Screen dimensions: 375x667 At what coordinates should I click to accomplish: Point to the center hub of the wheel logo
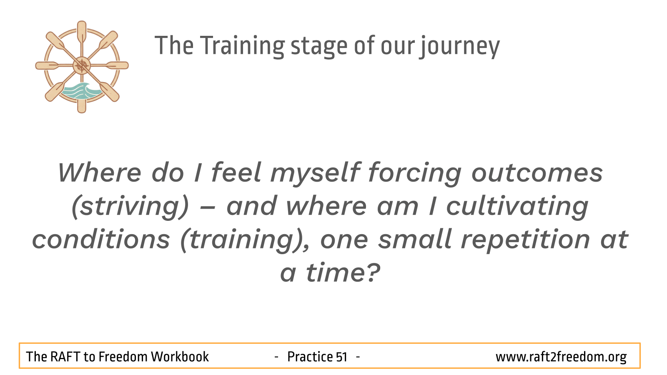[x=82, y=65]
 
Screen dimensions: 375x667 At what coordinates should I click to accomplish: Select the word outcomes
[x=537, y=173]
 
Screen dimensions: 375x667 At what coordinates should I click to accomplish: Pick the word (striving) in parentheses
[x=130, y=207]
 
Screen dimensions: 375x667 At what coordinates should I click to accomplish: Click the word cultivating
[x=517, y=207]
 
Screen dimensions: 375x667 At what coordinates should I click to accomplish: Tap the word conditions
[x=101, y=240]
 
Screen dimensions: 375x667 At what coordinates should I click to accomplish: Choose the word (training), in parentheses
[x=245, y=240]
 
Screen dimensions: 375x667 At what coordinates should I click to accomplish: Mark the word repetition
[x=526, y=240]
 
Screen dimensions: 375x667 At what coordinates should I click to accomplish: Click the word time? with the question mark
[x=344, y=273]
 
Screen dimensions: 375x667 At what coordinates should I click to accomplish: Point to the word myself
[x=315, y=173]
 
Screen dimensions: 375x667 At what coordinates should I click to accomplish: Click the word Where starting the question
[x=100, y=173]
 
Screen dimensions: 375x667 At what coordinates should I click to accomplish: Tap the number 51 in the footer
[x=341, y=357]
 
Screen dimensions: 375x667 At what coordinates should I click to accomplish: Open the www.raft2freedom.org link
[x=561, y=357]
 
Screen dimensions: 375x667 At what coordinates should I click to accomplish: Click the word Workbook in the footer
[x=180, y=357]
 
